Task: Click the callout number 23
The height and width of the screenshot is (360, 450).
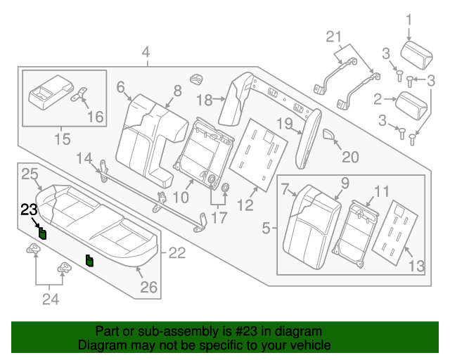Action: [28, 209]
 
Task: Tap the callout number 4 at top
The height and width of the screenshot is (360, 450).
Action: [146, 51]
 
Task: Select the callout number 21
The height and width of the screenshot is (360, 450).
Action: [333, 37]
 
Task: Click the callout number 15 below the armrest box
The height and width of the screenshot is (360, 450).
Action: [62, 139]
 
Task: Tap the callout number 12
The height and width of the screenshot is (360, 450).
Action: [245, 205]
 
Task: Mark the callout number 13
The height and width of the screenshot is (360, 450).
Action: [417, 265]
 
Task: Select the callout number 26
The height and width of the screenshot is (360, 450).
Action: [149, 286]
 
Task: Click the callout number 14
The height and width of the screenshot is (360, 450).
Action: [84, 157]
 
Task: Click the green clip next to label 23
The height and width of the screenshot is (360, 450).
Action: [42, 233]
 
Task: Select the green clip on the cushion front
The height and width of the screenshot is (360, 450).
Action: [89, 262]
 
